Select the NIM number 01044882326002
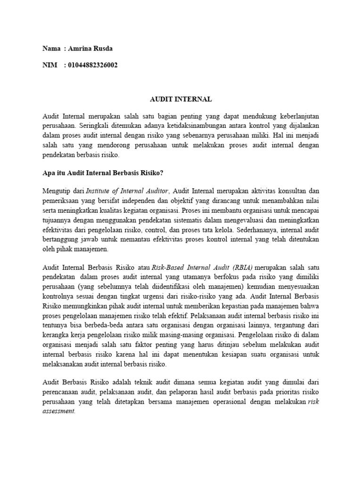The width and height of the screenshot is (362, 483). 93,65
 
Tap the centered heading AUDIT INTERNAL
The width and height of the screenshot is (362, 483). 181,100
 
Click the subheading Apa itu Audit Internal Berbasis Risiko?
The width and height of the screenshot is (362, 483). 103,173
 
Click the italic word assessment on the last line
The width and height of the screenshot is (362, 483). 58,411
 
